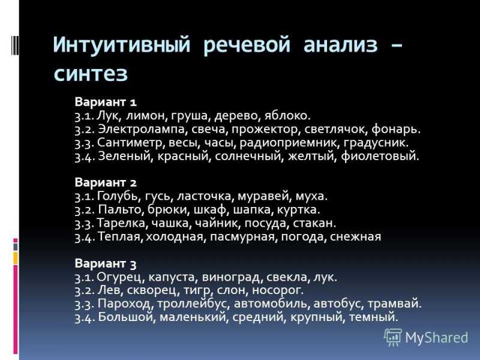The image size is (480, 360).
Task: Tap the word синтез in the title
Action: click(91, 74)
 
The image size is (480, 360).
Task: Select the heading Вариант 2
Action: click(106, 182)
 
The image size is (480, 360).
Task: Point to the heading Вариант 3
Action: click(106, 263)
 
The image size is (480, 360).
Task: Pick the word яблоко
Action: click(287, 116)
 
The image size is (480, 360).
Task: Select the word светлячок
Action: click(336, 129)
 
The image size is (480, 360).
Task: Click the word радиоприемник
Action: click(289, 143)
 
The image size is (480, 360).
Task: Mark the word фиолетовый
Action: click(380, 156)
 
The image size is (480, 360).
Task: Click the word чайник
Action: click(218, 223)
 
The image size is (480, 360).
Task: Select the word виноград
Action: click(232, 277)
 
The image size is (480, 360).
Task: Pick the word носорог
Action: click(277, 290)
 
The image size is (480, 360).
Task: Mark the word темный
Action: click(373, 317)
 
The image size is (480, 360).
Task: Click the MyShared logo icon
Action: click(393, 337)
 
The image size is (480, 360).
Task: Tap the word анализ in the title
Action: click(340, 45)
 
